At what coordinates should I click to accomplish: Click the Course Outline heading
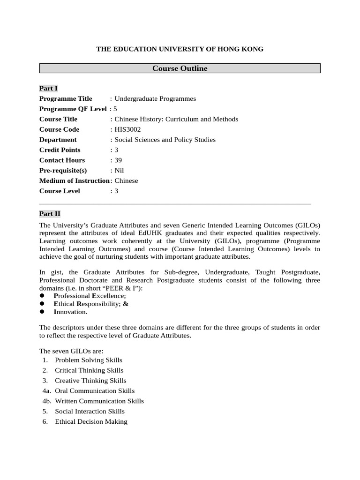(180, 68)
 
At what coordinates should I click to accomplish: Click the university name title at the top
(180, 49)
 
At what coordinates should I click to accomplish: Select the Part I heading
(48, 88)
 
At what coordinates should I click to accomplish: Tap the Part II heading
(50, 213)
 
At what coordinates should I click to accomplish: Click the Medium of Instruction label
(74, 181)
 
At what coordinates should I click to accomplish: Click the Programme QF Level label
(73, 109)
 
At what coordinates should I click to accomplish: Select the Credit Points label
(60, 150)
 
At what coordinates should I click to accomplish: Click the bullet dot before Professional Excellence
(42, 296)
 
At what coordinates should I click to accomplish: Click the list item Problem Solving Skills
(89, 360)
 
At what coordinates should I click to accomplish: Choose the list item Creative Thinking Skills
(90, 381)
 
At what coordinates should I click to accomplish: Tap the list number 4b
(46, 401)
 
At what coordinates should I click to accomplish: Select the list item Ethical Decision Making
(91, 421)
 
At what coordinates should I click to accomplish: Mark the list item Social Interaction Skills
(90, 411)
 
